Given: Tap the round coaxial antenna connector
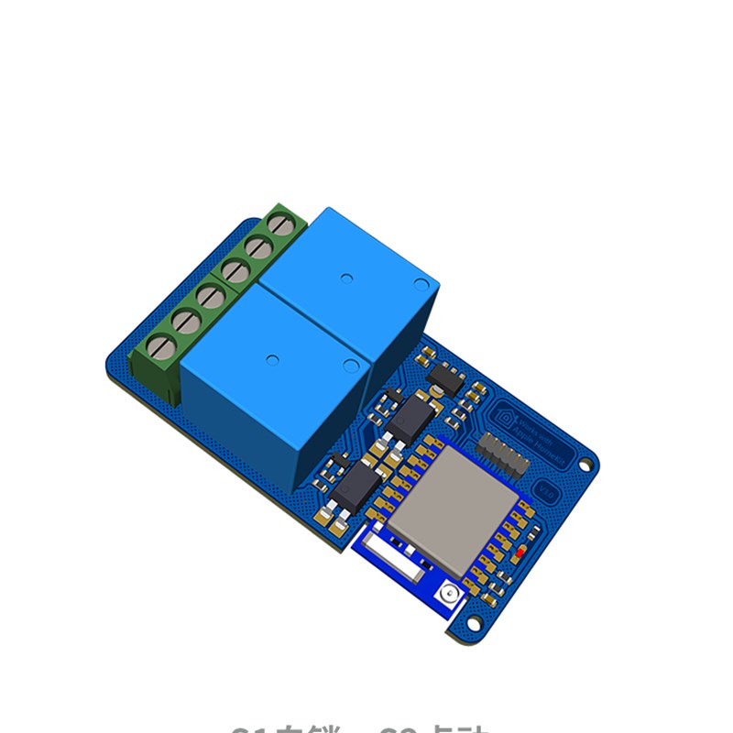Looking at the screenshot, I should pyautogui.click(x=448, y=594).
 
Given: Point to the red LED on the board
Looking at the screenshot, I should pyautogui.click(x=520, y=553).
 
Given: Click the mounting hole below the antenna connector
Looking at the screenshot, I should pyautogui.click(x=474, y=622).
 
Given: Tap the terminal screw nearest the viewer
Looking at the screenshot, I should pyautogui.click(x=161, y=346).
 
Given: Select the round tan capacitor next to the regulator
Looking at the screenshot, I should pyautogui.click(x=425, y=353).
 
